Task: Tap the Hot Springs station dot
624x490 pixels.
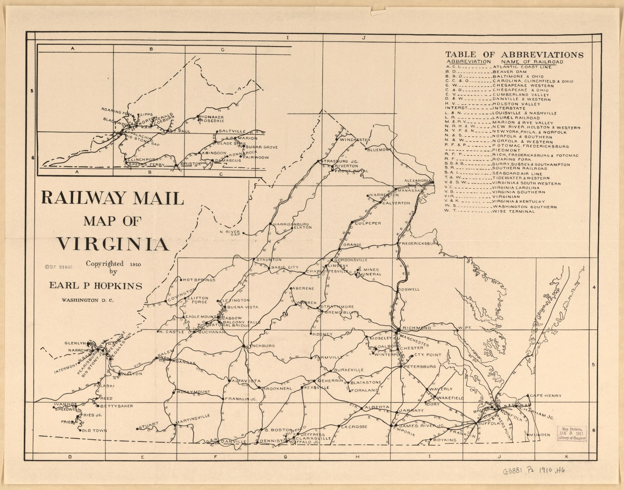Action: coord(181,280)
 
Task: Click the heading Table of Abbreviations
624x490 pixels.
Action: coord(514,54)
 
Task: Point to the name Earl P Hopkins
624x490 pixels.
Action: coord(96,286)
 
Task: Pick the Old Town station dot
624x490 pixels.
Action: coord(80,430)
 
